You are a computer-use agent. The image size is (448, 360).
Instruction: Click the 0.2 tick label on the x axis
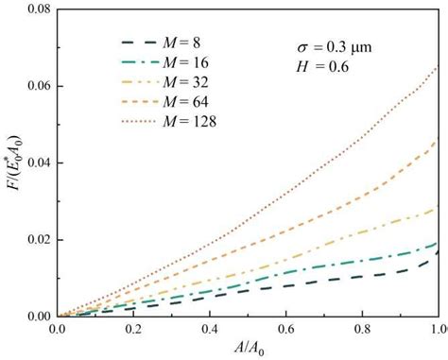pos(133,328)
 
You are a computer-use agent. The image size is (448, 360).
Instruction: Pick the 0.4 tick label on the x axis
pos(210,328)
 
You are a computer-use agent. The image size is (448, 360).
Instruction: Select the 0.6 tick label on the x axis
pos(285,328)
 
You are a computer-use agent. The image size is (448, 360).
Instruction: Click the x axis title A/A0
pos(248,348)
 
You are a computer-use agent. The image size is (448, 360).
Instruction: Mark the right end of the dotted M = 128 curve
pos(438,67)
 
